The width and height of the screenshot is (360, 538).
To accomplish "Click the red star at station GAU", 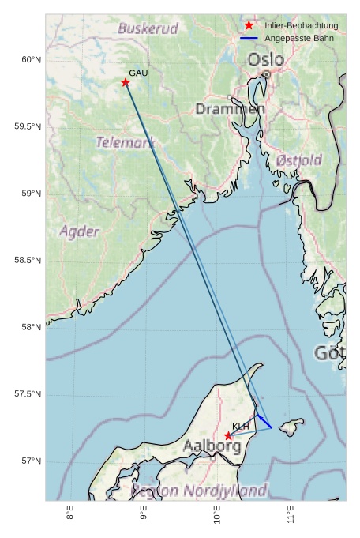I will [x=126, y=82].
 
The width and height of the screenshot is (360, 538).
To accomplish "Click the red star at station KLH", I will [x=228, y=435].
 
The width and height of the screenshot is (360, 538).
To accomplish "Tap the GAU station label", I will [x=138, y=73].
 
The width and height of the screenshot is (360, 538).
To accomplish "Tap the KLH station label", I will [x=241, y=427].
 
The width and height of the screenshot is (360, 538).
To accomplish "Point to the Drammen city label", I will [x=230, y=108].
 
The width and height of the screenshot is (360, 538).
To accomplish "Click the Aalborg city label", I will [x=212, y=446].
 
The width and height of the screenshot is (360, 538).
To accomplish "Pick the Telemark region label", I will [x=125, y=143].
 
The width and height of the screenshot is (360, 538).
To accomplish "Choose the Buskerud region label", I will [x=148, y=28].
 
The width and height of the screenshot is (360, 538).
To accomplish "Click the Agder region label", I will [x=80, y=231].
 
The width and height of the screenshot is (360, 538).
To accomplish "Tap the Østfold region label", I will [x=299, y=160].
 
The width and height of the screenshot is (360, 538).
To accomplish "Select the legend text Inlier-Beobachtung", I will [x=301, y=26].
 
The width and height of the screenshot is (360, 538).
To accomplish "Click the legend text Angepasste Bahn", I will [x=298, y=38].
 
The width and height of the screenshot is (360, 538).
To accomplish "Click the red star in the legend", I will [x=249, y=26].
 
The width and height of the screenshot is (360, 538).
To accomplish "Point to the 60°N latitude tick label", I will [x=30, y=60].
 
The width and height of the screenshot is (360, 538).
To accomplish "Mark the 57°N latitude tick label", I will [x=30, y=461].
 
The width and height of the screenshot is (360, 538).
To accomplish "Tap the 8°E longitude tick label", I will [x=71, y=516].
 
